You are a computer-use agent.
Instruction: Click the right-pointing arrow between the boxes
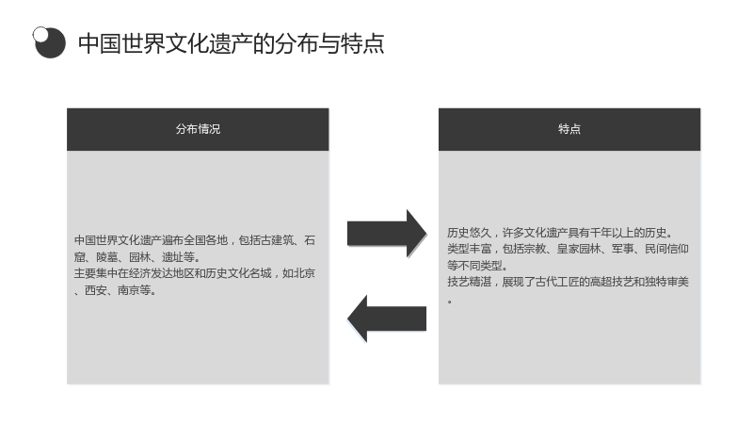387,234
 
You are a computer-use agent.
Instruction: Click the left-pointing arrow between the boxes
387,318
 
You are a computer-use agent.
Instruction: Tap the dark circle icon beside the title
49,42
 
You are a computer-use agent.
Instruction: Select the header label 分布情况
198,129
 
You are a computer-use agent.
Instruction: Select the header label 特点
569,129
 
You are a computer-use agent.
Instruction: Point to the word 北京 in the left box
304,273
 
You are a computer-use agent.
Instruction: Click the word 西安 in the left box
96,290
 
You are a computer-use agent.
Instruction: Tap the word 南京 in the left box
128,290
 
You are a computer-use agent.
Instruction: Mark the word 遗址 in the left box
172,256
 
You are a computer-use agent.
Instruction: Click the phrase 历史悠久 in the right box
469,233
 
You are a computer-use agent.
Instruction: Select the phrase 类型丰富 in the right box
469,249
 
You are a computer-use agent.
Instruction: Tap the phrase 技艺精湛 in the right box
469,281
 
